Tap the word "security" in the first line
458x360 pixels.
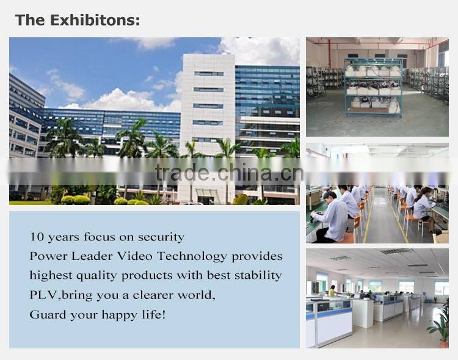(x=161, y=236)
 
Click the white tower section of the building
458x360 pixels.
(x=208, y=110)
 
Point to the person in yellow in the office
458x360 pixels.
(x=332, y=291)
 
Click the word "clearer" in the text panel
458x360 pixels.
(x=151, y=295)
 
